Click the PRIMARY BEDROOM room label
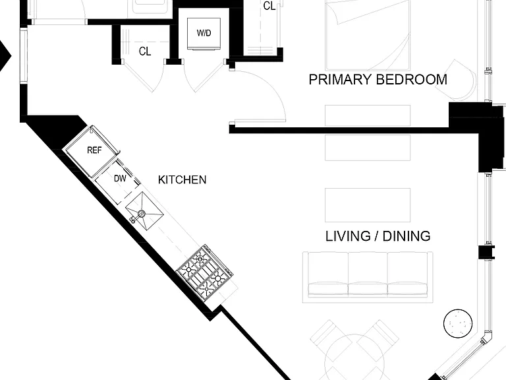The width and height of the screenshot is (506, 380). click(378, 79)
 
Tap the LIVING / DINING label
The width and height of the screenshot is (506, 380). click(378, 236)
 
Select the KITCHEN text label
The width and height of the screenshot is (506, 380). click(182, 179)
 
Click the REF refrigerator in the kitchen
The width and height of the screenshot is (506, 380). click(93, 151)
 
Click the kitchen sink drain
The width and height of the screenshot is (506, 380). click(142, 213)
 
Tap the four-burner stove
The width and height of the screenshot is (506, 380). click(205, 273)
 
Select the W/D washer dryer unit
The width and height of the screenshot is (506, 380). click(204, 34)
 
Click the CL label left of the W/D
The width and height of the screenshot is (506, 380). click(145, 51)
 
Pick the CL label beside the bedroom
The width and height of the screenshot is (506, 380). click(269, 6)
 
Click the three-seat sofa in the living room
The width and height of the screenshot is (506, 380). click(368, 277)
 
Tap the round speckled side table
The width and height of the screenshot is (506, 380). click(458, 323)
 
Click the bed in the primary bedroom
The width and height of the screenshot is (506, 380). click(368, 35)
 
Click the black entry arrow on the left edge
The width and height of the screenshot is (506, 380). click(5, 56)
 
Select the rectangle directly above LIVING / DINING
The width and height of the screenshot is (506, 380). click(368, 205)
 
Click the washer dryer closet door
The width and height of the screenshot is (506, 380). click(206, 77)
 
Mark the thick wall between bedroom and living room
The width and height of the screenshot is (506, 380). click(339, 131)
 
